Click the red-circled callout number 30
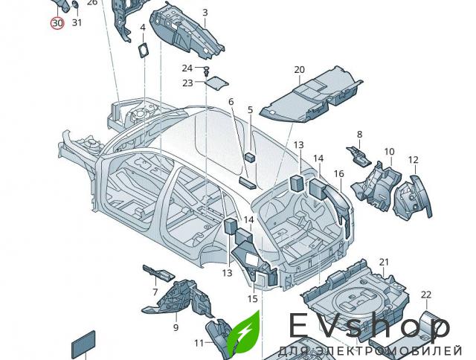57,22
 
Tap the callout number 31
77,22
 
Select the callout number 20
299,71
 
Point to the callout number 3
205,13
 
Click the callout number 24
187,68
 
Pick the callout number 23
187,83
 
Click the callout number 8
359,135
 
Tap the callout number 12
413,160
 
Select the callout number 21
384,262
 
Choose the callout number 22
425,295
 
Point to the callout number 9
176,327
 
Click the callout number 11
199,343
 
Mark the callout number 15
253,299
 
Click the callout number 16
338,174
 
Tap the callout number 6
231,101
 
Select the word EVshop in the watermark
369,327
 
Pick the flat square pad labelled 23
216,82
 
